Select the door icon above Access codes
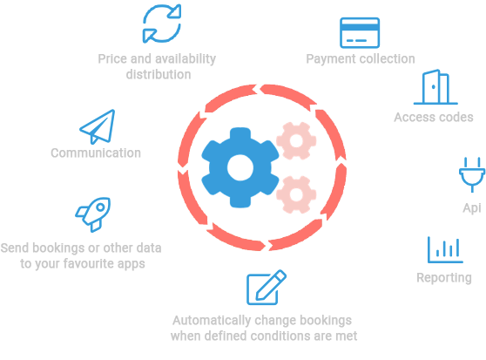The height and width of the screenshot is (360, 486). (435, 87)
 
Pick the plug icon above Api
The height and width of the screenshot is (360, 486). (472, 175)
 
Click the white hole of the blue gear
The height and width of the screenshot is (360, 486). (240, 167)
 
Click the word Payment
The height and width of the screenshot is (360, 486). (330, 59)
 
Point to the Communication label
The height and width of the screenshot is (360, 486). (96, 153)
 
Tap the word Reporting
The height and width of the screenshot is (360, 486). (444, 278)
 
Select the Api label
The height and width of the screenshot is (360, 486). (472, 208)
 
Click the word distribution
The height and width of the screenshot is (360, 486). (159, 74)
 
